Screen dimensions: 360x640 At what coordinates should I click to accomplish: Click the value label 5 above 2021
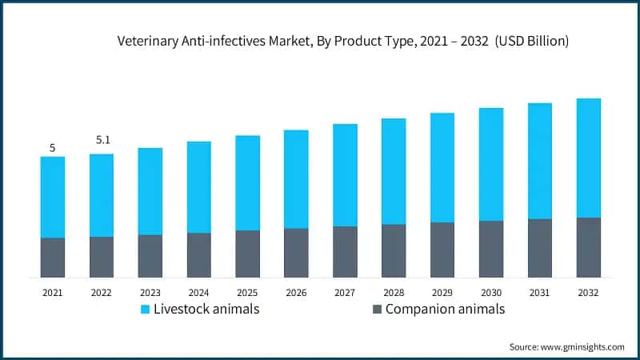[53, 148]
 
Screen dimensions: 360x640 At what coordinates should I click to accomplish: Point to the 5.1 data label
[102, 140]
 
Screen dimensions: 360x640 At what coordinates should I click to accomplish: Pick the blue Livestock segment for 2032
[588, 158]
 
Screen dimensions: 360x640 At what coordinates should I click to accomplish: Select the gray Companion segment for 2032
[588, 247]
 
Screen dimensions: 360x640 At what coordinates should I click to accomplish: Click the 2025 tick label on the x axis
[247, 293]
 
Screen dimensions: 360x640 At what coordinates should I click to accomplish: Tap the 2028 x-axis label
[394, 293]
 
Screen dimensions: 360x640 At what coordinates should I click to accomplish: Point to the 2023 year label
[150, 293]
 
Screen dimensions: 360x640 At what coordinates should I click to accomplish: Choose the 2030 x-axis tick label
[491, 293]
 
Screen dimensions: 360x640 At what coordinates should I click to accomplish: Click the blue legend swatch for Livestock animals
[145, 310]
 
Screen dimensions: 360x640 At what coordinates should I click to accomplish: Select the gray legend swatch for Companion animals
[377, 310]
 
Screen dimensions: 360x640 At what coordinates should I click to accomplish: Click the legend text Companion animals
[445, 310]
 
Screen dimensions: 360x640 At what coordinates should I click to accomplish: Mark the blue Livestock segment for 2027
[345, 175]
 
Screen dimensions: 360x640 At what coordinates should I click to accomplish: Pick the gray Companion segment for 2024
[199, 255]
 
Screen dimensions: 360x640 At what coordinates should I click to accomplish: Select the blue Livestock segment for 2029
[442, 167]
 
